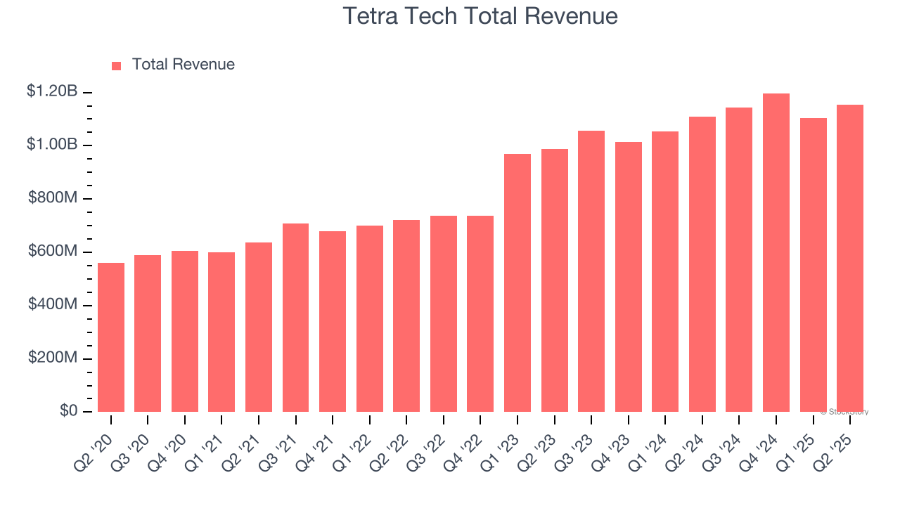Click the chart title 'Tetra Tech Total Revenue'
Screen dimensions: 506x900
coord(480,16)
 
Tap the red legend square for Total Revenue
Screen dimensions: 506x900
coord(117,65)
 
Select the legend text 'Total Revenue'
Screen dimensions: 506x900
coord(183,65)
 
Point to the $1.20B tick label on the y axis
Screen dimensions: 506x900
coord(52,91)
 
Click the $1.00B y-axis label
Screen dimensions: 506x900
coord(52,144)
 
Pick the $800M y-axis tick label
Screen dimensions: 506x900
coord(53,197)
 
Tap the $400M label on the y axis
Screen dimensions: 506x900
coord(53,304)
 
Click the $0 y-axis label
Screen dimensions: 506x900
coord(68,410)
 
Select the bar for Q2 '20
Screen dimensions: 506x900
coord(111,337)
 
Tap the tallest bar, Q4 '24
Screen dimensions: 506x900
coord(776,253)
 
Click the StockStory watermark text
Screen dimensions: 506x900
coord(844,412)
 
